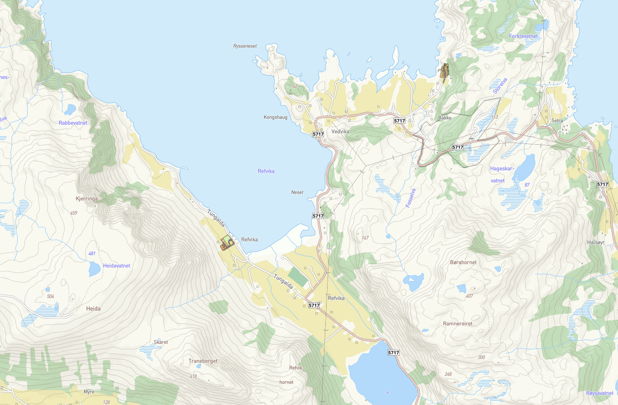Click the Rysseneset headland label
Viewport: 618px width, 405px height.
[245, 46]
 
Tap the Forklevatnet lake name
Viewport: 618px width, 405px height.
[523, 36]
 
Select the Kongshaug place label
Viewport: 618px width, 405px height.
[275, 117]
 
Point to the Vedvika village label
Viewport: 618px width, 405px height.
[341, 131]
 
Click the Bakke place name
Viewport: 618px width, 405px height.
[445, 118]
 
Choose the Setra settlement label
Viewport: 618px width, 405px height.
[557, 121]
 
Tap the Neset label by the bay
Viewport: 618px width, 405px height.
[297, 192]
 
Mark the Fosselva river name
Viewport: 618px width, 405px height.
[411, 198]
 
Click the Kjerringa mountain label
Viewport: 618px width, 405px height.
[86, 198]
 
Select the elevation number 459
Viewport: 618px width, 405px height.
[74, 213]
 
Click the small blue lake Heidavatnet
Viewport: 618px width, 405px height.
[94, 269]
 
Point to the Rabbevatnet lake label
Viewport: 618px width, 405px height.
[73, 123]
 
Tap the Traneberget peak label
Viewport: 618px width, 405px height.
[203, 361]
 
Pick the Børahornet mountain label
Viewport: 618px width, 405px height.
[463, 262]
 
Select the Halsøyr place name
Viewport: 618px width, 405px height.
[595, 242]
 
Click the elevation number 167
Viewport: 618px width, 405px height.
[365, 238]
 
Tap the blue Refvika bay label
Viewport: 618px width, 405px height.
[266, 171]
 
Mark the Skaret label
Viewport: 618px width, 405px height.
[161, 342]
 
